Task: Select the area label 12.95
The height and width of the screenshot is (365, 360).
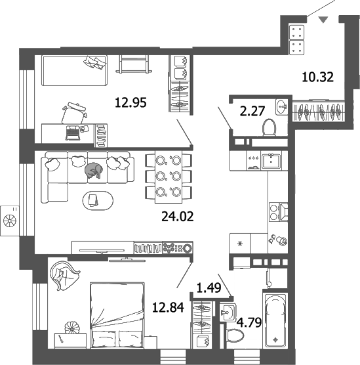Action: [130, 102]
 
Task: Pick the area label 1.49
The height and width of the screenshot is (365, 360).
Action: [208, 286]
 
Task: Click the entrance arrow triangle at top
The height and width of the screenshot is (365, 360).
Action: [323, 21]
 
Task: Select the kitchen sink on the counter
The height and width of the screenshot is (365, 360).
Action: [271, 160]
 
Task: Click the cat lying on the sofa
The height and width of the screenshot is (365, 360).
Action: [93, 171]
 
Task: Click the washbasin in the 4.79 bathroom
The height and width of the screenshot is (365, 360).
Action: [229, 311]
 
